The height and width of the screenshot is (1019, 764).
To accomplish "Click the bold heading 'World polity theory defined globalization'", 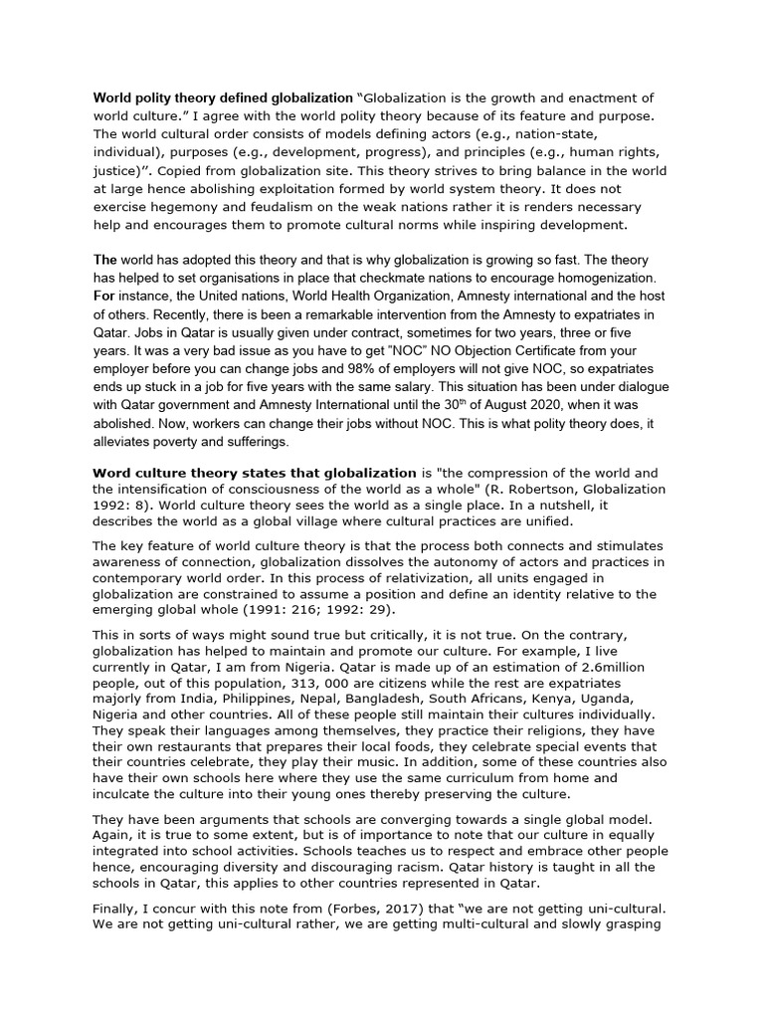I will pos(222,99).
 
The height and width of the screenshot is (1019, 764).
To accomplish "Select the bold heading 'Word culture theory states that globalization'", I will pos(255,472).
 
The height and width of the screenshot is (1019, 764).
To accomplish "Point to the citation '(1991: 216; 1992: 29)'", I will pos(317,611).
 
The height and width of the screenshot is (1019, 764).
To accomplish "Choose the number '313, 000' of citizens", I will pos(340,684).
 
